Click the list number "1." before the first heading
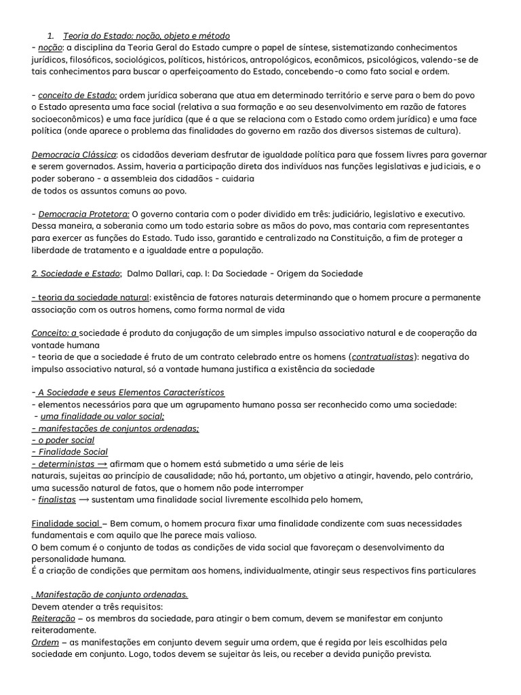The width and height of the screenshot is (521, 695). point(50,35)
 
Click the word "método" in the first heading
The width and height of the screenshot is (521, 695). point(214,35)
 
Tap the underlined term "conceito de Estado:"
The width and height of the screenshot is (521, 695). point(77,96)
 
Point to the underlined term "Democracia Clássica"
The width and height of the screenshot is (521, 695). point(74,155)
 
